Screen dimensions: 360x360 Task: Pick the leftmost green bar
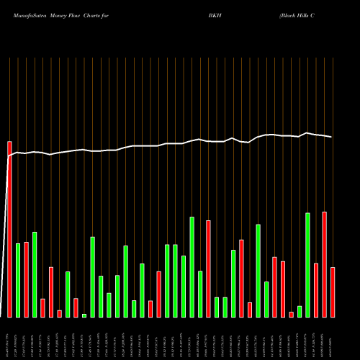[18, 280]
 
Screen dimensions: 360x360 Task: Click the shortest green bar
[84, 315]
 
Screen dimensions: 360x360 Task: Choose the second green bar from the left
[35, 274]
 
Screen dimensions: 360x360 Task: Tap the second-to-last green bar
[300, 311]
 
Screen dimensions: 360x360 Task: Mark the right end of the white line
[332, 137]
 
